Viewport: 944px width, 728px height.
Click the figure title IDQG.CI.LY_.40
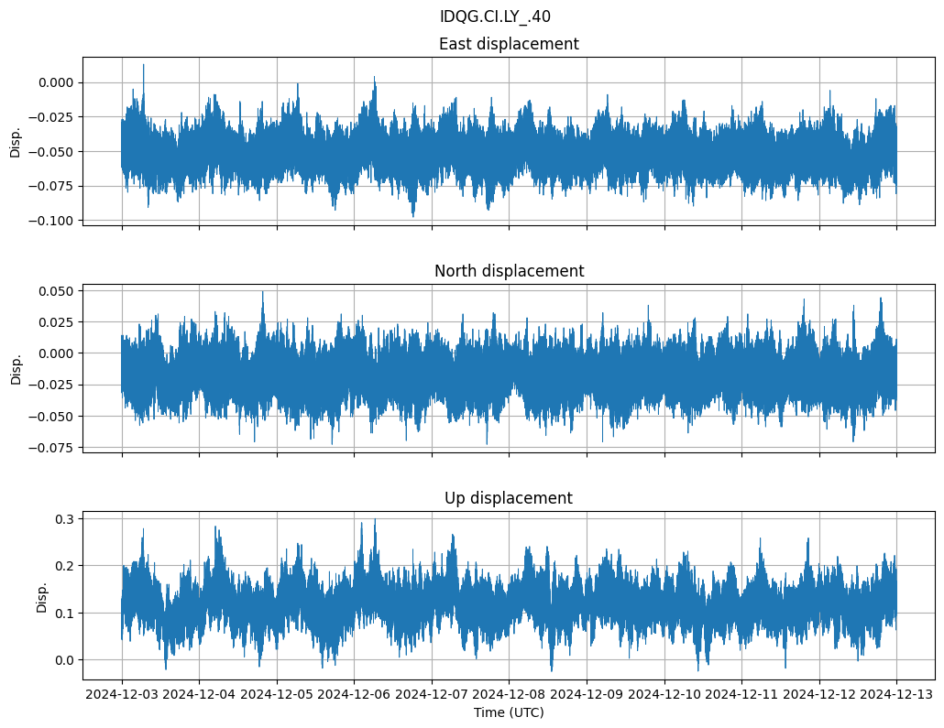pyautogui.click(x=495, y=16)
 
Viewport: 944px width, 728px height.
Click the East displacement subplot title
pyautogui.click(x=509, y=44)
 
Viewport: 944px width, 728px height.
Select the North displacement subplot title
pyautogui.click(x=509, y=271)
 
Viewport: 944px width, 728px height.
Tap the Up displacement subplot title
pyautogui.click(x=509, y=498)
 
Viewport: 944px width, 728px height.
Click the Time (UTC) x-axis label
pyautogui.click(x=509, y=712)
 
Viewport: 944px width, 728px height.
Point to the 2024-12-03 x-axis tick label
pyautogui.click(x=123, y=694)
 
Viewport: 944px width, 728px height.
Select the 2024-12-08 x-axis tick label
pyautogui.click(x=510, y=694)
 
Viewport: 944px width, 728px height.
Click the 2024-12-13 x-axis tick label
pyautogui.click(x=896, y=694)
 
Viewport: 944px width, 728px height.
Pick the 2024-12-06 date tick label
pyautogui.click(x=355, y=694)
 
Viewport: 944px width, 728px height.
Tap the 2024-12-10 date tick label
pyautogui.click(x=664, y=694)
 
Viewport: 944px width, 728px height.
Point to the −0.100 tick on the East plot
pyautogui.click(x=52, y=221)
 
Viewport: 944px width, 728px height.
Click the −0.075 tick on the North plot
pyautogui.click(x=52, y=448)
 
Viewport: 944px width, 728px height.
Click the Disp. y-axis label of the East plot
pyautogui.click(x=16, y=141)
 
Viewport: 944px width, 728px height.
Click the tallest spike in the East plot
pyautogui.click(x=143, y=65)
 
